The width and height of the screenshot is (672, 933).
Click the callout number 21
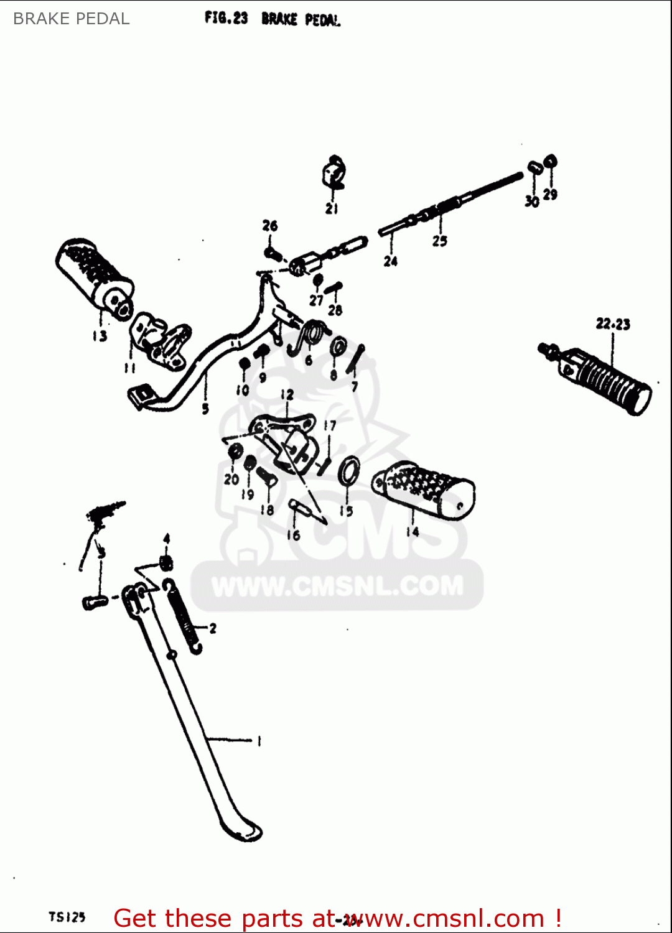[332, 209]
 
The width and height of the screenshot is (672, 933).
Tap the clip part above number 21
[334, 173]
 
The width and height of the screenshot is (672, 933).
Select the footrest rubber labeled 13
[95, 275]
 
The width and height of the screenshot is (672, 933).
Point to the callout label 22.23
[613, 324]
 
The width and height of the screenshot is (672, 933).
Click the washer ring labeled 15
[348, 471]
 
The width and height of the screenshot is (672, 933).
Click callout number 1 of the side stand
[259, 741]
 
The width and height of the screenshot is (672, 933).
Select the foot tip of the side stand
[243, 830]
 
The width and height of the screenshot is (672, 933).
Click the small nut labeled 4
[166, 563]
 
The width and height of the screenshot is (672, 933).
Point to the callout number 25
[440, 241]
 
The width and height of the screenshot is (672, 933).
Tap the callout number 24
[390, 261]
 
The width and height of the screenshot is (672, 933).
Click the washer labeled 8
[338, 347]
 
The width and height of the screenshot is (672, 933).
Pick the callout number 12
[287, 395]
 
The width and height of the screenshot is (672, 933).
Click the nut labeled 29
[551, 162]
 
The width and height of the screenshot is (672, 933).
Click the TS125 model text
[67, 917]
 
